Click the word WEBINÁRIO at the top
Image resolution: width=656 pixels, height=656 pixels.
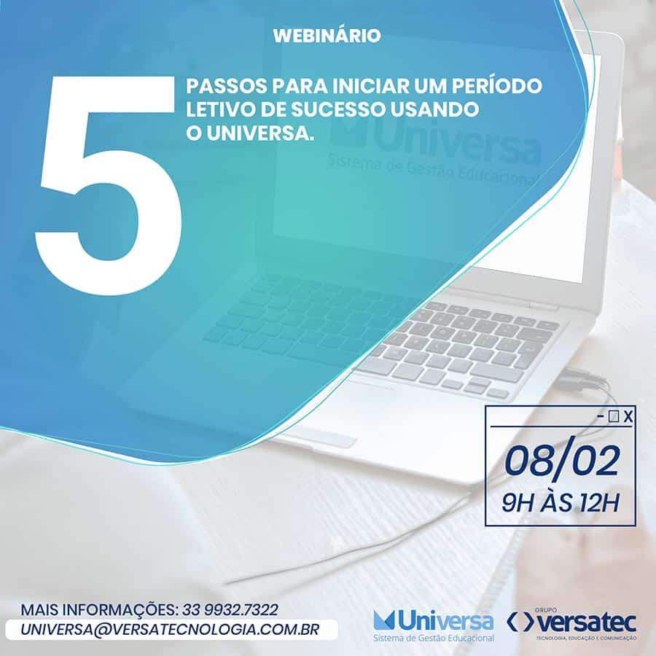pyautogui.click(x=327, y=35)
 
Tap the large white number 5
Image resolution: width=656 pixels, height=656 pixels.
pyautogui.click(x=109, y=186)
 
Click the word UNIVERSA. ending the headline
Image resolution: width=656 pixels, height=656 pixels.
pyautogui.click(x=259, y=134)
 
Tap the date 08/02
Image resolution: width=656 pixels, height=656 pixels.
pyautogui.click(x=561, y=462)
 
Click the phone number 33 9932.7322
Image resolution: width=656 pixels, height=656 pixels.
pyautogui.click(x=230, y=609)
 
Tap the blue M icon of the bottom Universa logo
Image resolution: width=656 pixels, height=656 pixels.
pyautogui.click(x=384, y=620)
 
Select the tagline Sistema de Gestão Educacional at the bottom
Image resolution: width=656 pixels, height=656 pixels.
pyautogui.click(x=433, y=639)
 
